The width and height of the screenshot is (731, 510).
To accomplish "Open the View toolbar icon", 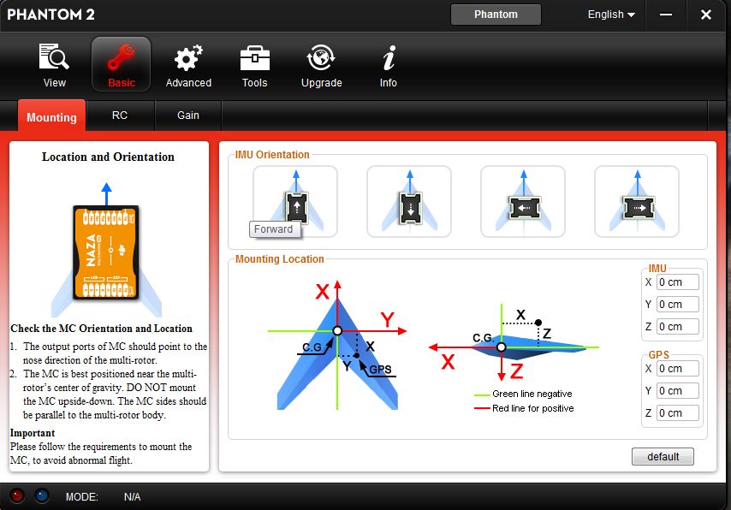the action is click(54, 56).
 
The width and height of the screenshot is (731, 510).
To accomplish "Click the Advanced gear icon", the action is click(188, 58).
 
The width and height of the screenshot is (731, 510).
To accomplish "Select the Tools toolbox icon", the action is click(254, 58).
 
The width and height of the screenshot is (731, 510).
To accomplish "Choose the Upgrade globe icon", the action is click(321, 58).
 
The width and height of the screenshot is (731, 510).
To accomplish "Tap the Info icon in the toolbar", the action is click(389, 58).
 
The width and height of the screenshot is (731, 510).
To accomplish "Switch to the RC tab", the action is click(120, 116).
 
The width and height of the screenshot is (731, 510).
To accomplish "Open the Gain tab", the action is click(187, 116).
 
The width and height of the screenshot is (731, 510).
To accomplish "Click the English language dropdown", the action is click(611, 15).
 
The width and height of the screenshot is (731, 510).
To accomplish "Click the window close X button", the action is click(706, 15).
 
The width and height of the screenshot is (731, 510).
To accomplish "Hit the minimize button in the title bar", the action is click(666, 15).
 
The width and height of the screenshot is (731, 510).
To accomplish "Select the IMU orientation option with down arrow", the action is click(409, 201).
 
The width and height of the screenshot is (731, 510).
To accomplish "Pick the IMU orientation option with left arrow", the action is click(523, 201).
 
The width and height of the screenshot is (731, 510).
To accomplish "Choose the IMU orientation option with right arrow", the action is click(637, 201).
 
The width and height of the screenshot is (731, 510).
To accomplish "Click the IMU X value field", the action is click(677, 282).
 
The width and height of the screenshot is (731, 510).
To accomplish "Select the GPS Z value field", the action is click(677, 413).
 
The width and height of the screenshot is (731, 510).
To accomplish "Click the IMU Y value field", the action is click(677, 305).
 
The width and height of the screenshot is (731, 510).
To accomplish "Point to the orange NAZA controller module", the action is click(106, 252).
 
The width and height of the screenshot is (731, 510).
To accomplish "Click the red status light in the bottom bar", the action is click(17, 495).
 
